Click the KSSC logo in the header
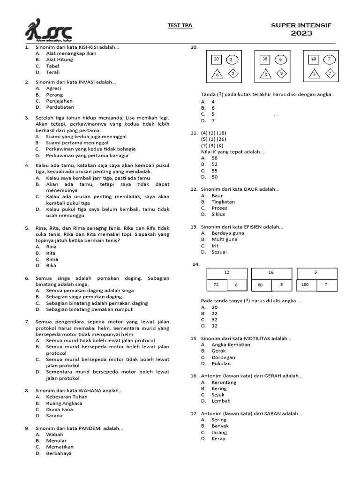click(x=49, y=30)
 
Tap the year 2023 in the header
click(x=301, y=33)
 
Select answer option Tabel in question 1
click(x=52, y=66)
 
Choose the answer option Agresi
click(x=53, y=88)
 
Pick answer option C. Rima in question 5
click(x=52, y=259)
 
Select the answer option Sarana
click(x=54, y=415)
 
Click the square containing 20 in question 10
click(x=217, y=59)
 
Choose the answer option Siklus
click(x=218, y=214)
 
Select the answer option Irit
click(x=215, y=246)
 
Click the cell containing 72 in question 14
click(x=217, y=285)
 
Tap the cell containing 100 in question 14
click(x=305, y=285)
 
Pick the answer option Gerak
click(x=218, y=351)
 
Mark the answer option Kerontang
click(x=224, y=382)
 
